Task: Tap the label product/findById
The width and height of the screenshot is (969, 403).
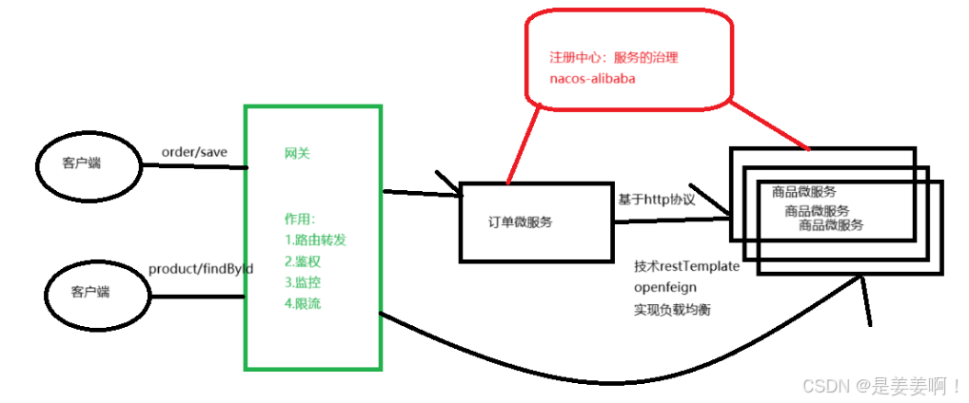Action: click(x=201, y=269)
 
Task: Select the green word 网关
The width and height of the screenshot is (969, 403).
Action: click(x=297, y=152)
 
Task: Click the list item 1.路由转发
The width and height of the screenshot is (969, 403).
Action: click(x=315, y=240)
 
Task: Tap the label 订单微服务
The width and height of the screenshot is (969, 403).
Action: click(x=520, y=221)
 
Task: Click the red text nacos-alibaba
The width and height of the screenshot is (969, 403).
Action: click(x=593, y=79)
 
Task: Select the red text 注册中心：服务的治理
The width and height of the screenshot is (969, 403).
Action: click(x=614, y=57)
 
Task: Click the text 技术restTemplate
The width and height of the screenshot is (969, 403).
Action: click(x=686, y=266)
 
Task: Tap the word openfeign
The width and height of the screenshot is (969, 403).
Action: click(x=667, y=287)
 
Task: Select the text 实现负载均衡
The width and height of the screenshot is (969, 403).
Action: click(x=672, y=309)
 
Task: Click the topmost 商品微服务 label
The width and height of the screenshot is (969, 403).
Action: click(x=804, y=191)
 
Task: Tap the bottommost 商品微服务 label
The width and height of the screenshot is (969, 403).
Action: click(x=831, y=225)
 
